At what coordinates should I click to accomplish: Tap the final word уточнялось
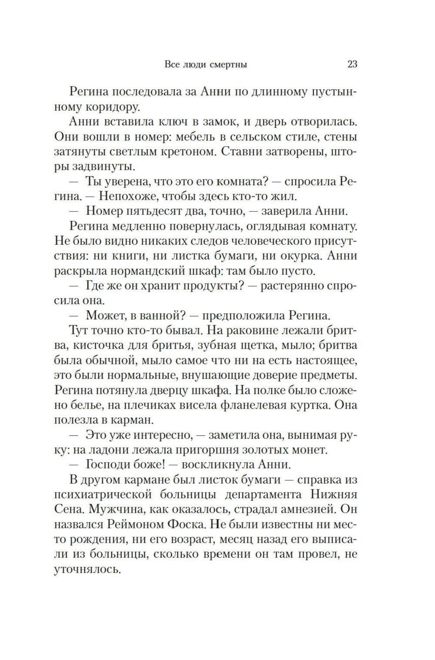(87, 569)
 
